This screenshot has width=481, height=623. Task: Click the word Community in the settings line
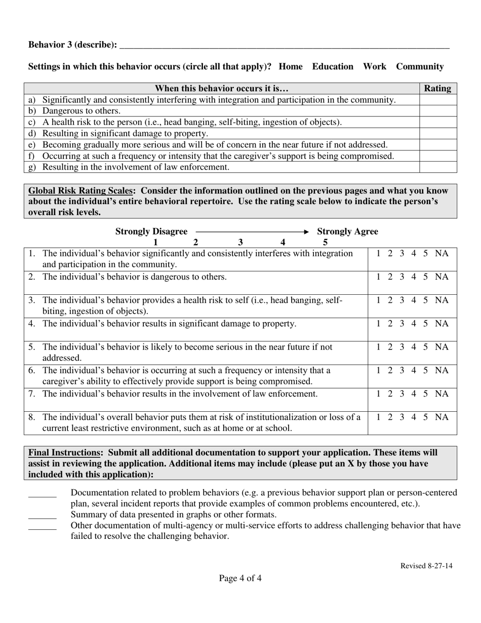(x=420, y=66)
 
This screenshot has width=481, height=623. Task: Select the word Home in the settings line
(x=291, y=66)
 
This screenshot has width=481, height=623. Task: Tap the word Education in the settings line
(x=333, y=66)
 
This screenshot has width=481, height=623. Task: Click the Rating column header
(x=437, y=88)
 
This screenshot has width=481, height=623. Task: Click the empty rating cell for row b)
(x=438, y=111)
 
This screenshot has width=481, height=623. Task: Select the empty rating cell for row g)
(x=438, y=167)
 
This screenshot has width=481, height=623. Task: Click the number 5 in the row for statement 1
(x=426, y=253)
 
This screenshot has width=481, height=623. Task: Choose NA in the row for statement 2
(x=442, y=277)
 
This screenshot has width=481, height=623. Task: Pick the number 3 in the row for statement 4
(x=402, y=323)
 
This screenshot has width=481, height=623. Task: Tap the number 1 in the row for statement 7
(x=379, y=394)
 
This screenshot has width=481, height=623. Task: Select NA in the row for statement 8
(x=442, y=417)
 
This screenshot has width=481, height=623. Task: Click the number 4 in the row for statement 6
(x=414, y=370)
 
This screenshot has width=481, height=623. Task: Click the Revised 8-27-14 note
(x=426, y=566)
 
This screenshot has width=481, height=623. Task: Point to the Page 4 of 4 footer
(x=240, y=578)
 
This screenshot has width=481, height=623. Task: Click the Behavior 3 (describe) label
(x=72, y=45)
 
